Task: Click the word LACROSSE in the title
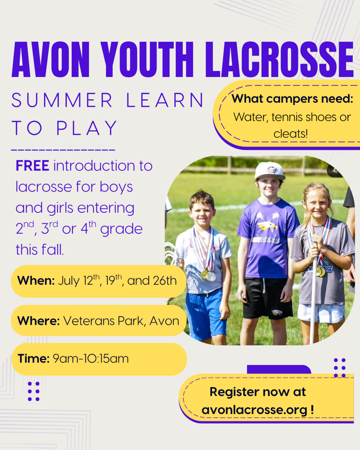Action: click(x=280, y=60)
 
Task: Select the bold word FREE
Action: click(x=33, y=166)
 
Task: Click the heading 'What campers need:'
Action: click(x=292, y=99)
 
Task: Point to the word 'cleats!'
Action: click(x=291, y=134)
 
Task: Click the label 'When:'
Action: click(x=36, y=281)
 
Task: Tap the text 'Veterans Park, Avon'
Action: click(x=121, y=321)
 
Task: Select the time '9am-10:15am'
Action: click(x=91, y=359)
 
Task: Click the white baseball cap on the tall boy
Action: click(x=269, y=171)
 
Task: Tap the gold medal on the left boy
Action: click(x=204, y=274)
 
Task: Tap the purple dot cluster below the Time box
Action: click(x=33, y=391)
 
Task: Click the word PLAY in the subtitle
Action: click(x=87, y=128)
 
